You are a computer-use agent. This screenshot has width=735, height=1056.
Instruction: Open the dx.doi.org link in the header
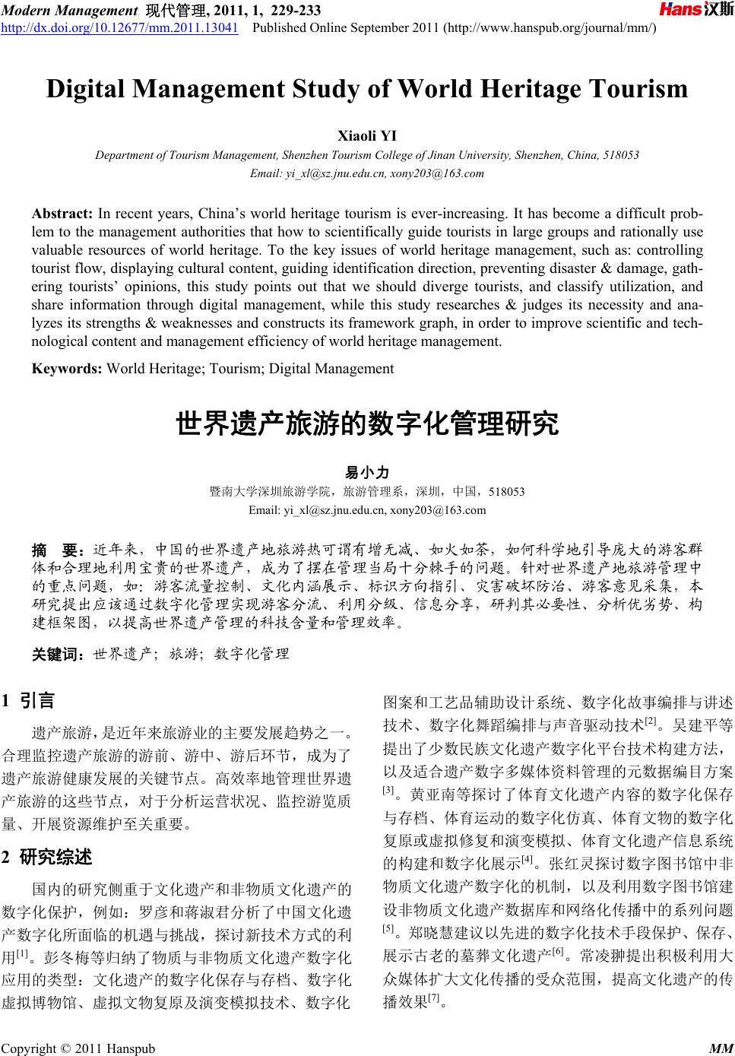click(119, 28)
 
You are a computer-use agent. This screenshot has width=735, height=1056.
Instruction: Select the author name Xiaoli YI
click(366, 136)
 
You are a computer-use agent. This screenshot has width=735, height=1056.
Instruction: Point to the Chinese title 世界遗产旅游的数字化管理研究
click(367, 423)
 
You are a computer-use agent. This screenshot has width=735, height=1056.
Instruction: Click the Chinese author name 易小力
click(367, 473)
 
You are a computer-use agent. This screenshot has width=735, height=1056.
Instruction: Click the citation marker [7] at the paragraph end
click(435, 997)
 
